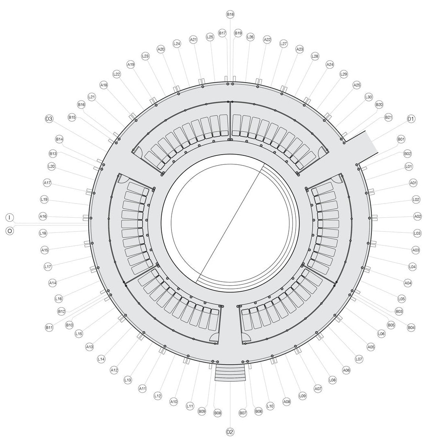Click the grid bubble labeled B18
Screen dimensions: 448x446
[x=230, y=14]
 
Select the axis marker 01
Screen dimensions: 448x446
[x=411, y=119]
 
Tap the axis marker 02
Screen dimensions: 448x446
[x=230, y=432]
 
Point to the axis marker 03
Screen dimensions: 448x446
[x=49, y=119]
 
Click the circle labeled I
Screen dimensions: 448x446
[x=10, y=217]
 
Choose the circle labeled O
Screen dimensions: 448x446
[x=10, y=231]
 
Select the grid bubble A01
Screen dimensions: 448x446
[x=413, y=183]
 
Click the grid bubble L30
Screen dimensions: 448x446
[x=368, y=97]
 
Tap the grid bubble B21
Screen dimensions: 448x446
[x=388, y=118]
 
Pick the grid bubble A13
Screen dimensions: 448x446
[x=90, y=347]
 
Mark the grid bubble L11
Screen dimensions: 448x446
[x=189, y=406]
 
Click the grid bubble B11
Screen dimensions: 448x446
[x=49, y=327]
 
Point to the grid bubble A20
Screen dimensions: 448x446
[x=161, y=49]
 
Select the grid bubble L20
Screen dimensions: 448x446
[x=51, y=166]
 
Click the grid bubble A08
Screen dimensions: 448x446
[x=287, y=402]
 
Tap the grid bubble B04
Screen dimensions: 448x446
[x=411, y=327]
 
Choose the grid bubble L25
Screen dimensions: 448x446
[x=210, y=37]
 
